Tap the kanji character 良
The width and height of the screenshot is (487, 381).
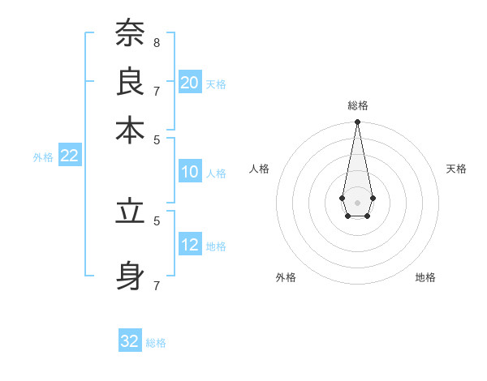pyautogui.click(x=130, y=81)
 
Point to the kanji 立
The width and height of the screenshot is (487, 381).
pyautogui.click(x=130, y=212)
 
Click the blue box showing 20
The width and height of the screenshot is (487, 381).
pyautogui.click(x=190, y=83)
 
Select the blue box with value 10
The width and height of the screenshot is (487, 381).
pyautogui.click(x=190, y=172)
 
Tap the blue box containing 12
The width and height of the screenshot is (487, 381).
pyautogui.click(x=190, y=245)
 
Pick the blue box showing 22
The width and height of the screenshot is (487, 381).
pyautogui.click(x=70, y=156)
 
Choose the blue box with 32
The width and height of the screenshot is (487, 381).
pyautogui.click(x=130, y=341)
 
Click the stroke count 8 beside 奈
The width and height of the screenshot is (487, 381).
pyautogui.click(x=157, y=42)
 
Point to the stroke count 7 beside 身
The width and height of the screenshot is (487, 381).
pyautogui.click(x=157, y=285)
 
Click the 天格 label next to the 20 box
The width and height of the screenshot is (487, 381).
pyautogui.click(x=216, y=84)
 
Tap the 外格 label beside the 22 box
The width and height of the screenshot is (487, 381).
pyautogui.click(x=43, y=158)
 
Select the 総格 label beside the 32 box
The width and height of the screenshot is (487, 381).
pyautogui.click(x=156, y=343)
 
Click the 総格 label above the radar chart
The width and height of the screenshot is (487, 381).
pyautogui.click(x=358, y=105)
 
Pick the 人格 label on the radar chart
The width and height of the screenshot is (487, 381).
pyautogui.click(x=260, y=169)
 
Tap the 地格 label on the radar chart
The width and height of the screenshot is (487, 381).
pyautogui.click(x=425, y=277)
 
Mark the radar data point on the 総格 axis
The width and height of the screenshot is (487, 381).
pyautogui.click(x=357, y=122)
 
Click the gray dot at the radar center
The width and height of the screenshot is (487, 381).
pyautogui.click(x=357, y=202)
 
